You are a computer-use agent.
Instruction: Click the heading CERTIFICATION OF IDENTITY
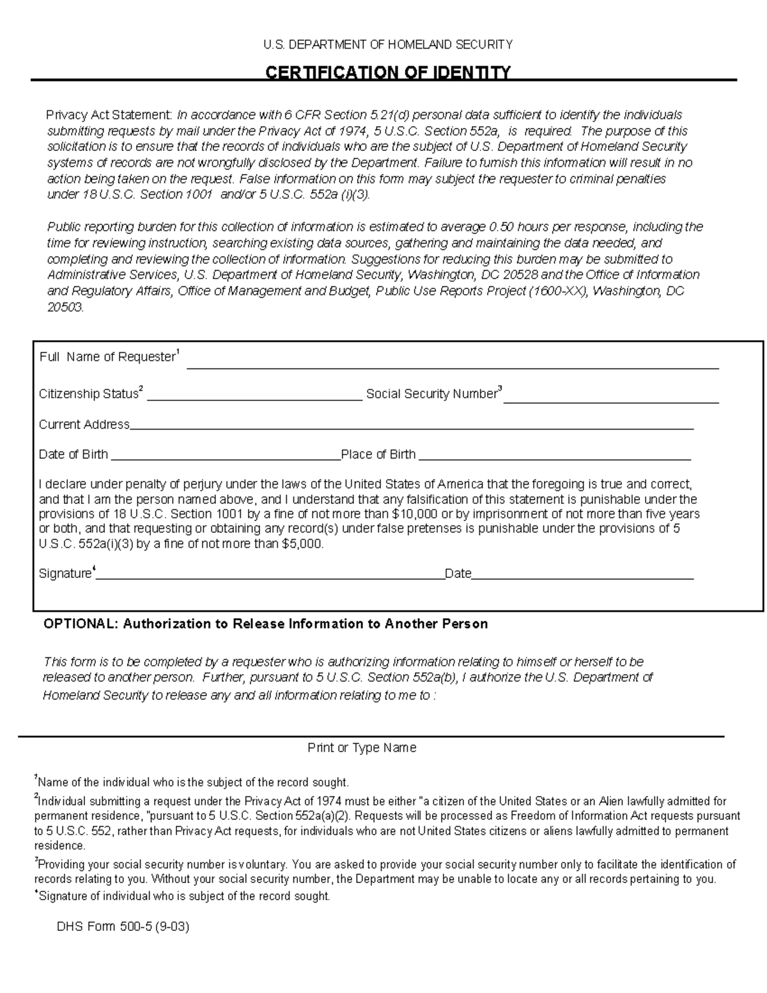[x=388, y=72]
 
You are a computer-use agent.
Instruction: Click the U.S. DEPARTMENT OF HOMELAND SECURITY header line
[x=388, y=44]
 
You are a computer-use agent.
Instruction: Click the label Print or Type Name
[x=362, y=747]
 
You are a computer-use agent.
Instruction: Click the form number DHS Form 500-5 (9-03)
[x=123, y=926]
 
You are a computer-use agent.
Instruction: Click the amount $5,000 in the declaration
[x=302, y=544]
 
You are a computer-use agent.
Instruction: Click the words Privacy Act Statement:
[x=109, y=115]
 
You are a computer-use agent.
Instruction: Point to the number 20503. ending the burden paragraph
[x=66, y=308]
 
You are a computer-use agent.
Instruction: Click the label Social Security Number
[x=431, y=394]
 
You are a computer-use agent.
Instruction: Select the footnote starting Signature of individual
[x=184, y=896]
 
